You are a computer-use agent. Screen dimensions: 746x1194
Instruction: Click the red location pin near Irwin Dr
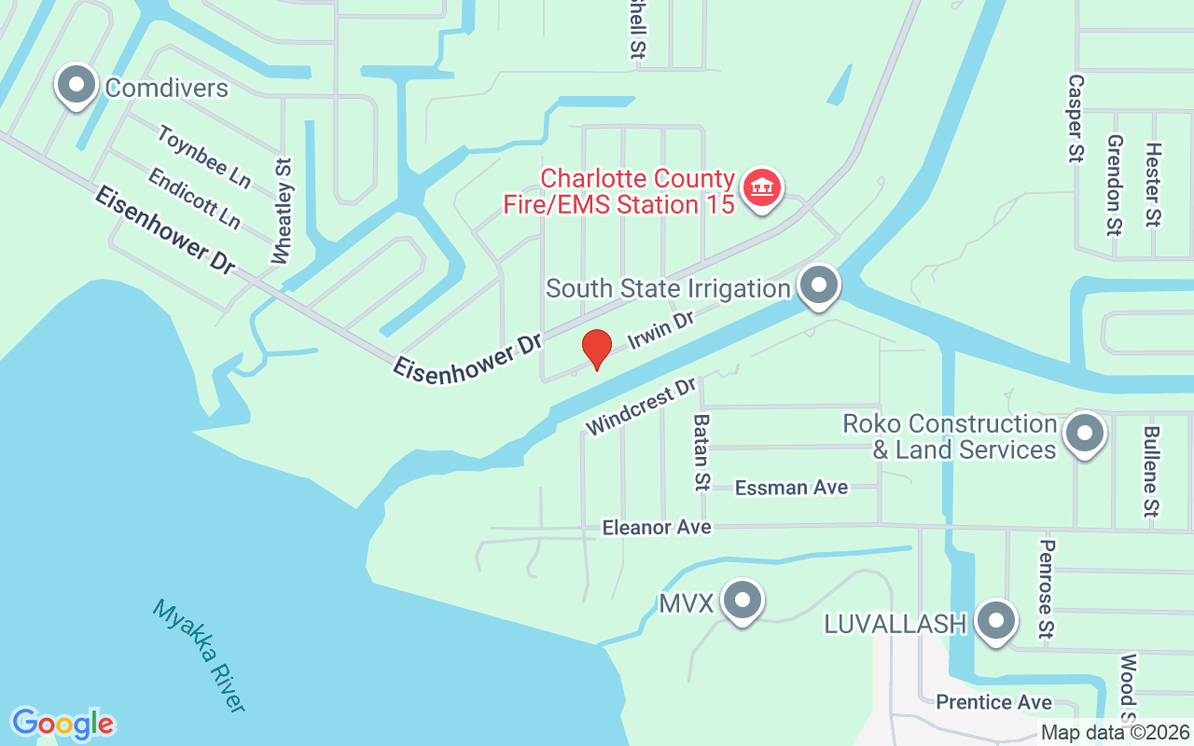[596, 350]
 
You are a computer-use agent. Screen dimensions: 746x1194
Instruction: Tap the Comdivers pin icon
[76, 87]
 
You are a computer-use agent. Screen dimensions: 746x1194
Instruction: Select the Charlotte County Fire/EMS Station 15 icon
[762, 189]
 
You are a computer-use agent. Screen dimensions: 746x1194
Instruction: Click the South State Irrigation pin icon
[819, 285]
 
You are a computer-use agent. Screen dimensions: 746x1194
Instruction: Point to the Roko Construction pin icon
[1085, 434]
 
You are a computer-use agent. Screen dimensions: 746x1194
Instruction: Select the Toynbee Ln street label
[204, 157]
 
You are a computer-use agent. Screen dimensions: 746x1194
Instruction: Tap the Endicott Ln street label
[194, 198]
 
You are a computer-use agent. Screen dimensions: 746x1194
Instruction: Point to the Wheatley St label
[283, 210]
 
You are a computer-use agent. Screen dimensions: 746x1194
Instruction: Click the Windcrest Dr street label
[642, 406]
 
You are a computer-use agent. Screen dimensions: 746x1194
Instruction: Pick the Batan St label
[701, 452]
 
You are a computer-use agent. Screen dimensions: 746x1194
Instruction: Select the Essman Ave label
[791, 487]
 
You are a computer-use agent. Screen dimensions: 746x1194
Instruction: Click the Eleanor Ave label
[657, 527]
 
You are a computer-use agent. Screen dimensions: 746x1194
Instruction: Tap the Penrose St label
[1047, 589]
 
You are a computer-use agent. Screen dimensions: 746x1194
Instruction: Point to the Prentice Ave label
[993, 702]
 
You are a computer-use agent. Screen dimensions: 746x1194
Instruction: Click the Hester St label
[1154, 185]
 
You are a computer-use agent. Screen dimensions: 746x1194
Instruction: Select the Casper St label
[1076, 118]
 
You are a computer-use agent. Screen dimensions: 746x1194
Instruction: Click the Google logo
[62, 724]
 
